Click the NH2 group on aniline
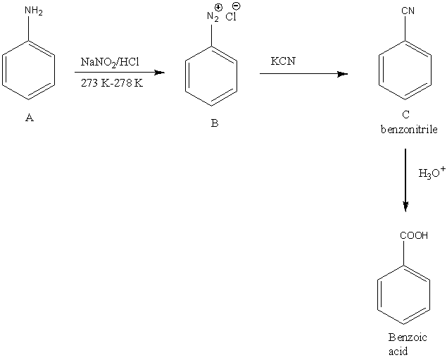32,11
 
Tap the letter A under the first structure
29,118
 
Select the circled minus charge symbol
236,6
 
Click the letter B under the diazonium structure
215,123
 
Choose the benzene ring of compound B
211,78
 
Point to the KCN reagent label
283,61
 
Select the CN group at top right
407,11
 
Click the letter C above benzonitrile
406,115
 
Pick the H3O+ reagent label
432,173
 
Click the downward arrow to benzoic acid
405,180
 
